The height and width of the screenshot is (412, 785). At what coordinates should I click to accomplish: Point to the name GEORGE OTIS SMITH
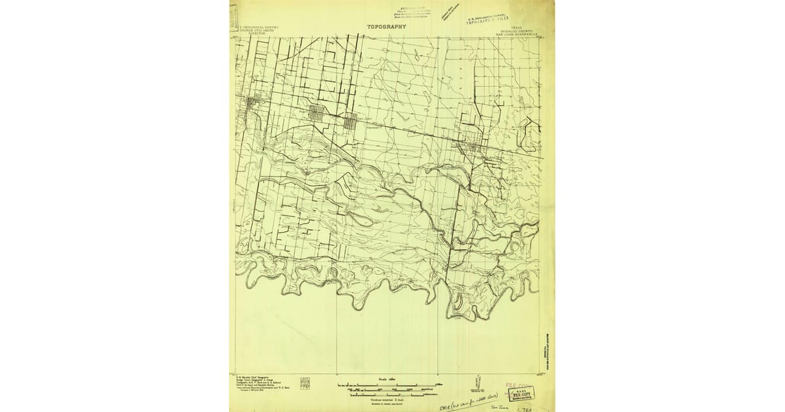(258, 30)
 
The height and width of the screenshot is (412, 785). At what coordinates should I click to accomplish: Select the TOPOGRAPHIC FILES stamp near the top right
(488, 18)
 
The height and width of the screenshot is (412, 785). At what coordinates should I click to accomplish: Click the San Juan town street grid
(350, 119)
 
